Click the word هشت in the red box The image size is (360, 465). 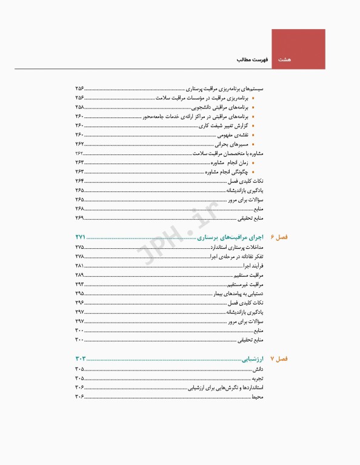coord(285,61)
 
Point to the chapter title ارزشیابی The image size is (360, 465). coord(255,358)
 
